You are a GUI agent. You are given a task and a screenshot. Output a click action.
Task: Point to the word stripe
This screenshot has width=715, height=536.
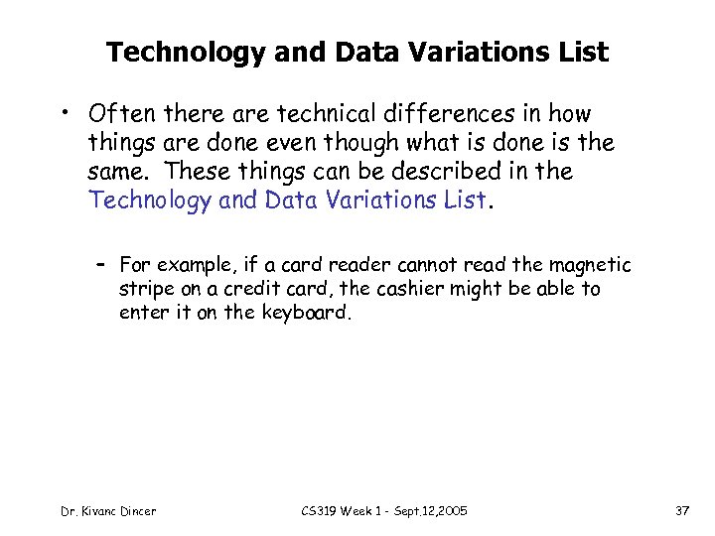[144, 289]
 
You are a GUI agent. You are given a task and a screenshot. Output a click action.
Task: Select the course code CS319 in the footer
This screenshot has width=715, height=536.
[320, 511]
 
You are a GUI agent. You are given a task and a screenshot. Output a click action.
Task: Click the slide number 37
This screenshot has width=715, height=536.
[681, 511]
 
